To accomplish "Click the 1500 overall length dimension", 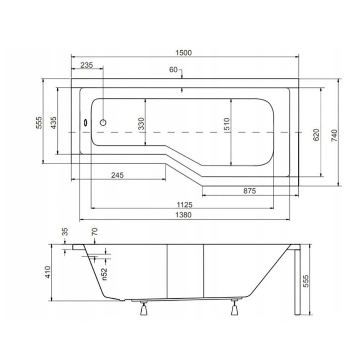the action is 183,53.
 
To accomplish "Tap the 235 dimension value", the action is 87,65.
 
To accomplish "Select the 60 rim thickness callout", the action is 174,70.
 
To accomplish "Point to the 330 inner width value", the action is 141,123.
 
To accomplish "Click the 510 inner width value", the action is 226,124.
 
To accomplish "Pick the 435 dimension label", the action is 53,123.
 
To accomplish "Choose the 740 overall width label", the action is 334,135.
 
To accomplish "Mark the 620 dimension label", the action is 316,135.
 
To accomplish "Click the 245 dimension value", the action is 117,175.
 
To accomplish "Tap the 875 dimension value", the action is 249,191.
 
